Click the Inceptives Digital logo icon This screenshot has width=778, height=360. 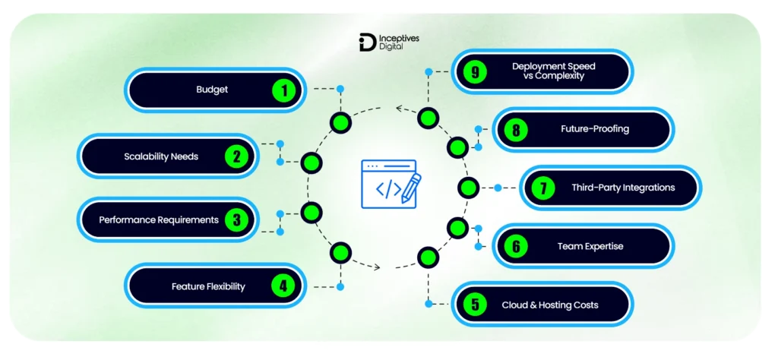(368, 43)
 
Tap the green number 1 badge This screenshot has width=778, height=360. (284, 90)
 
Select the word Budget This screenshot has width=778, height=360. (213, 90)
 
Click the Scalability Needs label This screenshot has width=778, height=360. (161, 156)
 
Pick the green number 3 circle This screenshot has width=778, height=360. (237, 219)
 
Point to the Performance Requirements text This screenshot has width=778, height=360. (159, 219)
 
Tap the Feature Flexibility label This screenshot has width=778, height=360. (208, 286)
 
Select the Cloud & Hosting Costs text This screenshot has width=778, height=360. (550, 305)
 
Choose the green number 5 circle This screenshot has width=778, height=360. (476, 305)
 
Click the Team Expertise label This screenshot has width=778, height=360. (590, 246)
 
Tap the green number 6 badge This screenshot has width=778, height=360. (517, 246)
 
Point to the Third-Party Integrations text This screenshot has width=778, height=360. (623, 188)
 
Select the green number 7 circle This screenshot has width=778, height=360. (543, 188)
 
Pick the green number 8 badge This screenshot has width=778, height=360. (517, 130)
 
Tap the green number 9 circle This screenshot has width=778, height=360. (476, 72)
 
